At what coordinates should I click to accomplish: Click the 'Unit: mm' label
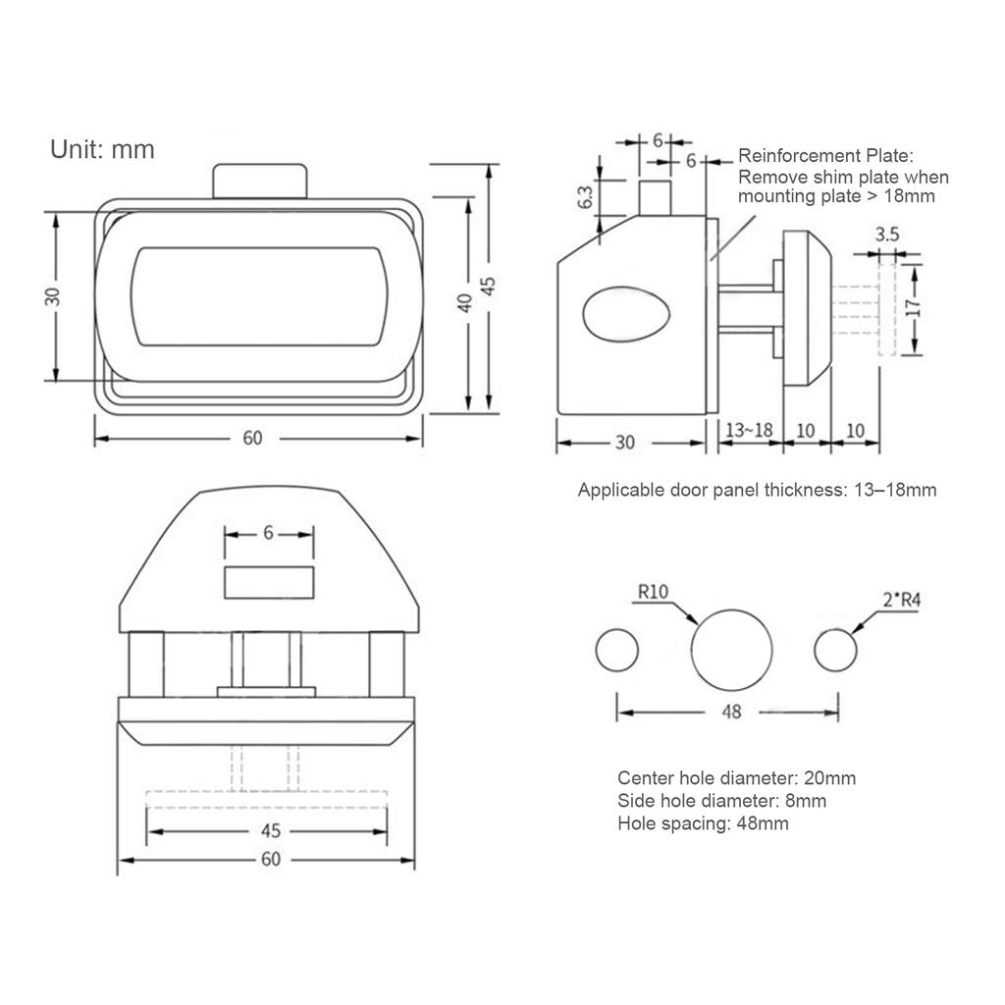pos(102,150)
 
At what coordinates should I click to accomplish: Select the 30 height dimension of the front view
pos(53,296)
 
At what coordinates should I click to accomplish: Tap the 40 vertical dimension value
pos(465,302)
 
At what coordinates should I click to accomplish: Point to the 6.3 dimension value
pos(586,197)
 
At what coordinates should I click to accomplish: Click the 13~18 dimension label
pos(749,430)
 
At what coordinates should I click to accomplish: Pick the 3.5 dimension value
pos(887,235)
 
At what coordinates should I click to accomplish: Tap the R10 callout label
pos(653,591)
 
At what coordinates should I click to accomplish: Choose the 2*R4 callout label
pos(902,600)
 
